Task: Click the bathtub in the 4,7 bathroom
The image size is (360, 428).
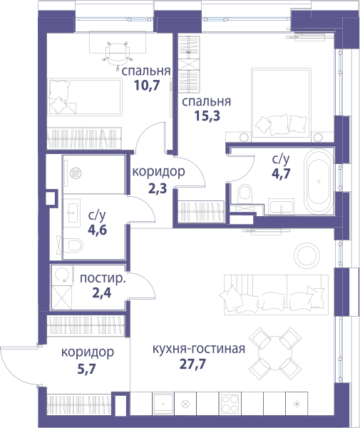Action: tap(319, 181)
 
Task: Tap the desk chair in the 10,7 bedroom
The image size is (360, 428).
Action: tap(118, 53)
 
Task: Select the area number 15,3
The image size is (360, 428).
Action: tap(207, 116)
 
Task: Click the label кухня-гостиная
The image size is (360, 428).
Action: tap(199, 349)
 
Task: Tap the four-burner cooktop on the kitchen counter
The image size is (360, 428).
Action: tap(230, 404)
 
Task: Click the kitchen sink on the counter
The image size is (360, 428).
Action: tap(163, 404)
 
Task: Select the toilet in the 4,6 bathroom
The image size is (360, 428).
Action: tap(73, 245)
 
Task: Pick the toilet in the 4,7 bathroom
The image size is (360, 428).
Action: tap(245, 193)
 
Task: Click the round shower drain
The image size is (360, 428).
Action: tap(76, 173)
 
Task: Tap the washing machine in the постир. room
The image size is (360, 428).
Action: tap(62, 275)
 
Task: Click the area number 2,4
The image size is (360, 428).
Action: tap(102, 293)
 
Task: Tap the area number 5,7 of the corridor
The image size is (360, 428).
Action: tap(86, 370)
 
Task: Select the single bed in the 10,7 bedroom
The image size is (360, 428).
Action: tap(85, 96)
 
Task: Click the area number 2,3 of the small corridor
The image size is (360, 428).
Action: tap(158, 188)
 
